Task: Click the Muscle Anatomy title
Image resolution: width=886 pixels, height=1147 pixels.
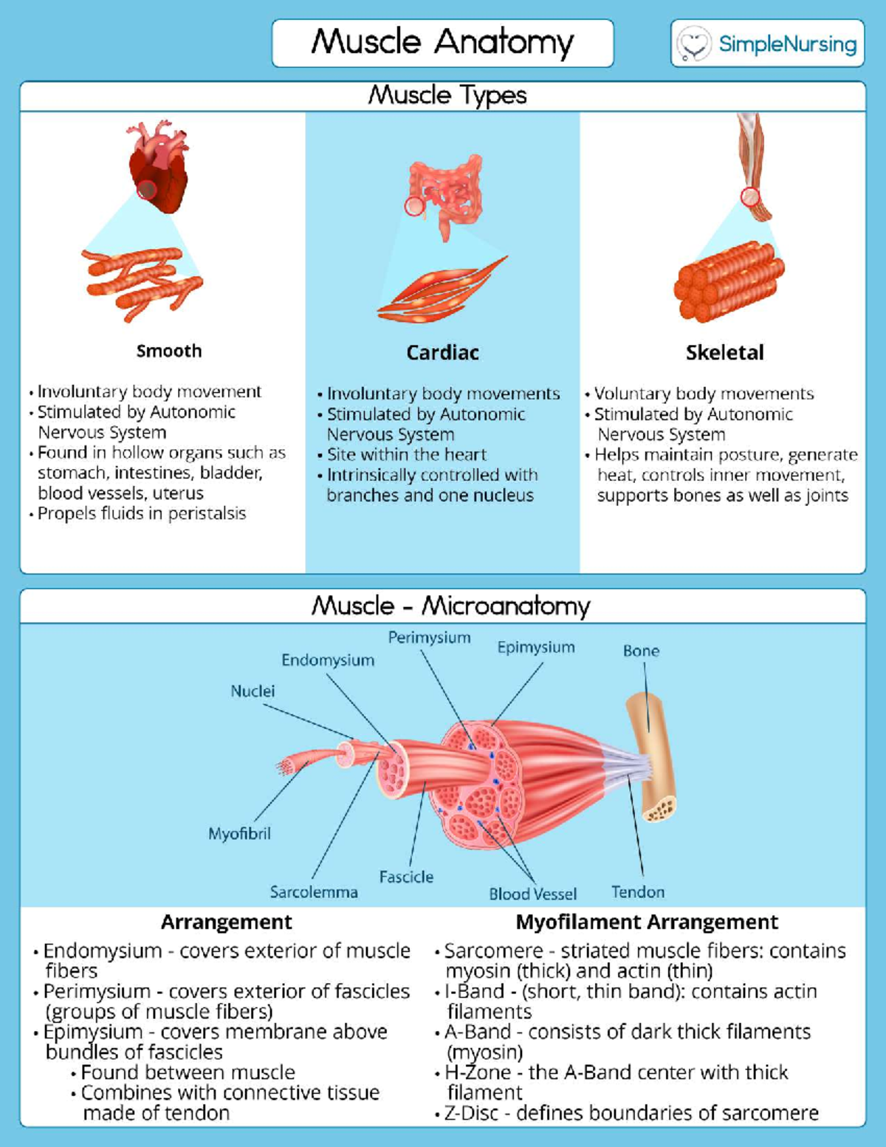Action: [x=442, y=42]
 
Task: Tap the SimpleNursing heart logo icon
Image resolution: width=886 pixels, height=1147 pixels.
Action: [x=693, y=44]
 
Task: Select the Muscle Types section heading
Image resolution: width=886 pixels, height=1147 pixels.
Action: [x=447, y=95]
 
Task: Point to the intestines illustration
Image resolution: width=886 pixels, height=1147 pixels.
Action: [x=445, y=192]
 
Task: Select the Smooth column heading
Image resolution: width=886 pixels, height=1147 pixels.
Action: [x=168, y=351]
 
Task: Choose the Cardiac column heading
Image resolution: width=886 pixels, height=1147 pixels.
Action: [x=442, y=352]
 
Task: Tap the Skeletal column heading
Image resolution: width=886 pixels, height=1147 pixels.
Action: [x=724, y=352]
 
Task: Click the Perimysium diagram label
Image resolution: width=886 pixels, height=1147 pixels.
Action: [x=429, y=637]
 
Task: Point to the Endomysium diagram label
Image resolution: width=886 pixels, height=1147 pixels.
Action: [x=328, y=660]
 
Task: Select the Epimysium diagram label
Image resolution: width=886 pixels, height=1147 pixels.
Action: [x=535, y=648]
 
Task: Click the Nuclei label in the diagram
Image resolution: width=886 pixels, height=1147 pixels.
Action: [x=253, y=691]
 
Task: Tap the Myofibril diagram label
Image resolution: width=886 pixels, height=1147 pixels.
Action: [x=239, y=834]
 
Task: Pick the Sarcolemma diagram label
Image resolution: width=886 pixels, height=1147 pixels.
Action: [x=314, y=892]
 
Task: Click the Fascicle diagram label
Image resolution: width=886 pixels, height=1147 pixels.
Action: [x=406, y=877]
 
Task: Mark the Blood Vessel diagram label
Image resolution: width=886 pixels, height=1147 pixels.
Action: [x=532, y=894]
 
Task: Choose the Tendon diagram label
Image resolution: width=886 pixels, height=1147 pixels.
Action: [x=638, y=892]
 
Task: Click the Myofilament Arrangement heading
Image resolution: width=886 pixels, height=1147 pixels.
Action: [x=647, y=922]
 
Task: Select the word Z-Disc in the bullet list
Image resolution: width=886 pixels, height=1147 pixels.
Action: [x=472, y=1112]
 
